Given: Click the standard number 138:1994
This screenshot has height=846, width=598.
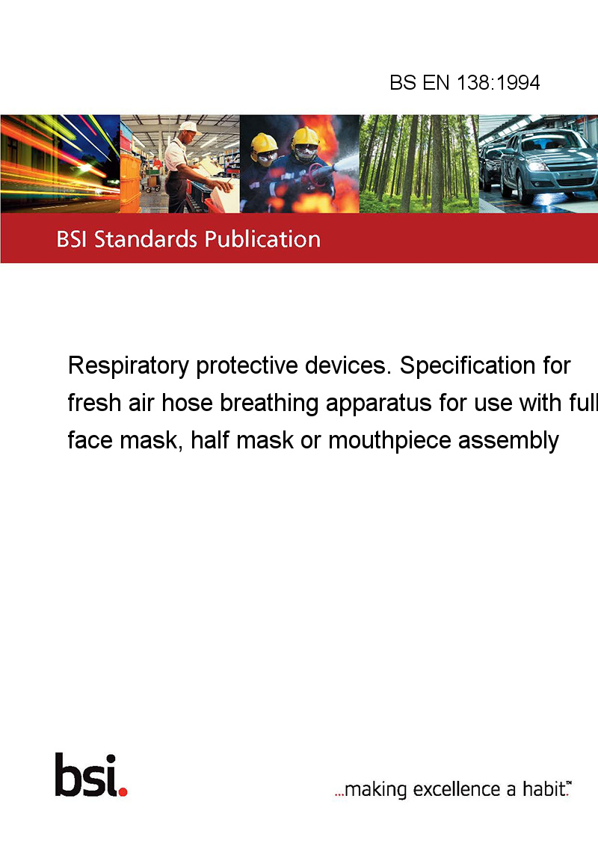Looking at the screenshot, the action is [x=498, y=82].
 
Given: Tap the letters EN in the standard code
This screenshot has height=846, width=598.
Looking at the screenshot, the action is [x=436, y=82].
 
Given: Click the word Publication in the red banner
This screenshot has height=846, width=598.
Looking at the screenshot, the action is [x=262, y=239].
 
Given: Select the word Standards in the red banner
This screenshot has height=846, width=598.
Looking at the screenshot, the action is [x=146, y=239].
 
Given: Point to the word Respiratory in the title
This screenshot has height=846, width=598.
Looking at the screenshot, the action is [x=129, y=366].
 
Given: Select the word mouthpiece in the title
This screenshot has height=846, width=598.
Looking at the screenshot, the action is [x=389, y=441].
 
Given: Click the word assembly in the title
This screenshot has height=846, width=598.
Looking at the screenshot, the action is [x=508, y=441].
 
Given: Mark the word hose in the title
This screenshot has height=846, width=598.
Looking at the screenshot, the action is [x=188, y=403].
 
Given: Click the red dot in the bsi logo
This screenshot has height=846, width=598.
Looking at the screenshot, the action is [x=123, y=791].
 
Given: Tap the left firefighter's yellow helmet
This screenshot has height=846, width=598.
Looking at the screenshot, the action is [x=264, y=143].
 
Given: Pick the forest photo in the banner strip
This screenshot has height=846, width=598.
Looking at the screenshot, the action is [x=419, y=164].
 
